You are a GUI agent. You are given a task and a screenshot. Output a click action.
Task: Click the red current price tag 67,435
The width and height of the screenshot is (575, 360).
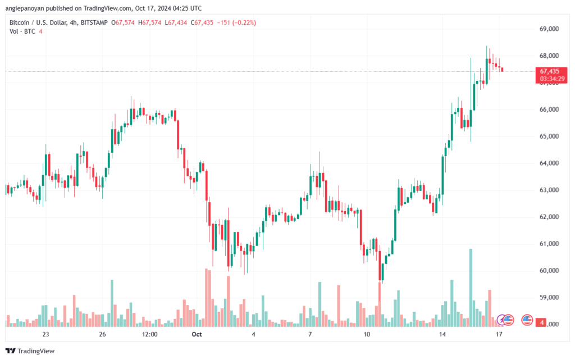550,71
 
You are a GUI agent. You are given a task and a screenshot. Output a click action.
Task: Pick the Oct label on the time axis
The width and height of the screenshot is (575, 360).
196,334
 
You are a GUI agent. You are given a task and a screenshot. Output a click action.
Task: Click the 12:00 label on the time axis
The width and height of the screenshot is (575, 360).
150,334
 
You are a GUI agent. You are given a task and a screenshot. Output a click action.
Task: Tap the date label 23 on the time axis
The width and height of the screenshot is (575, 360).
45,334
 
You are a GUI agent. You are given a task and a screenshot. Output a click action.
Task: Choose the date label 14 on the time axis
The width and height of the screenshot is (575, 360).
442,334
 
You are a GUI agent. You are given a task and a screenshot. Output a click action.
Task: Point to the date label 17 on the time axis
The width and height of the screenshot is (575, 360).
499,334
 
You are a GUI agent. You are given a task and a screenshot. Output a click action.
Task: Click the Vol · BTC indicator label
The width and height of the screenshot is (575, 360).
22,31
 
